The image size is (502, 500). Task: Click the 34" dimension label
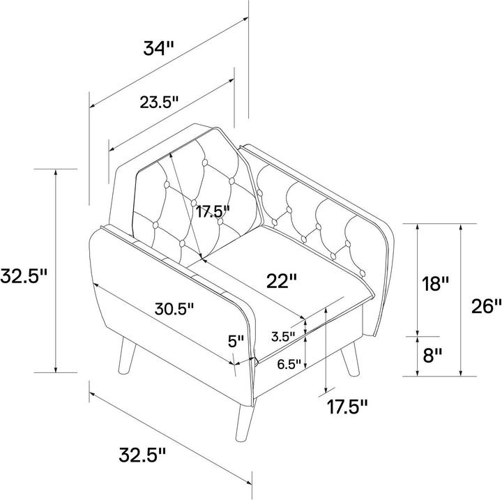click(158, 49)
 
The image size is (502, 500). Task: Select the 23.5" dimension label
click(159, 102)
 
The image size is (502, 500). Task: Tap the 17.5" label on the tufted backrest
click(213, 212)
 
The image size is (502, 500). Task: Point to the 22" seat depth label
click(282, 280)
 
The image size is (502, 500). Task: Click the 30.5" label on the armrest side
click(174, 309)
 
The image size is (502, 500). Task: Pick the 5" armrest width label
click(236, 342)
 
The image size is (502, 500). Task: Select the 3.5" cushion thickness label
click(283, 337)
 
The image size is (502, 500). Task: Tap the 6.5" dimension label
click(289, 364)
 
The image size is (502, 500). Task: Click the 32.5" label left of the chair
click(24, 275)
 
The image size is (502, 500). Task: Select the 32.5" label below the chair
click(142, 455)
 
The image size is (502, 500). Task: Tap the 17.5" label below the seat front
click(347, 407)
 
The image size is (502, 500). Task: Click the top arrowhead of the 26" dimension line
click(460, 227)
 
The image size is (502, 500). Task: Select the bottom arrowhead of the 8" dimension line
click(417, 372)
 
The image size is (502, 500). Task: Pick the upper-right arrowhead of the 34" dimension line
click(245, 19)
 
